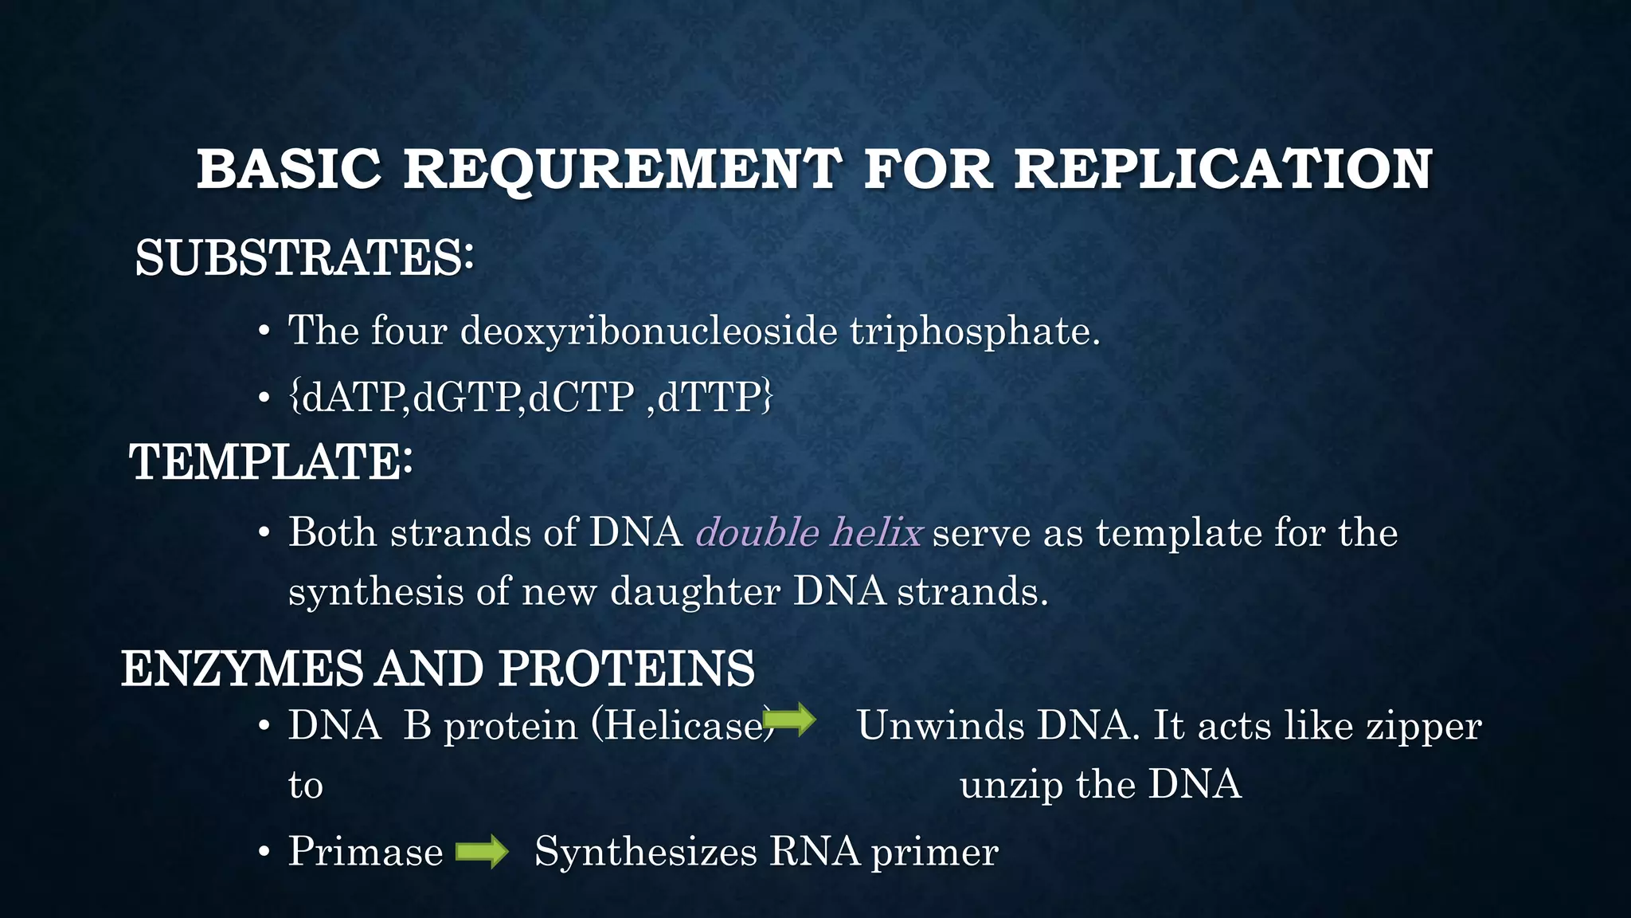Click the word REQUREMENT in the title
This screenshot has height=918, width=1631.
pos(621,170)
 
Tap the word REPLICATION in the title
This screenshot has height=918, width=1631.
pos(1222,170)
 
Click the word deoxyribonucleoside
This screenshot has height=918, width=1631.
pos(648,331)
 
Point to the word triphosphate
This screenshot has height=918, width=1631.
pos(974,331)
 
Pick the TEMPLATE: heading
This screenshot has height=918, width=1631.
pos(271,462)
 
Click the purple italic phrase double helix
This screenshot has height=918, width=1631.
pos(809,532)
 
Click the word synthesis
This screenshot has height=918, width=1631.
pos(376,591)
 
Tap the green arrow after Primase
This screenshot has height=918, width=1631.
pos(482,852)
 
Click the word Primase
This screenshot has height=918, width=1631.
pos(366,851)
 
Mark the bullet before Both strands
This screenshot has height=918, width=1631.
pos(264,533)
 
